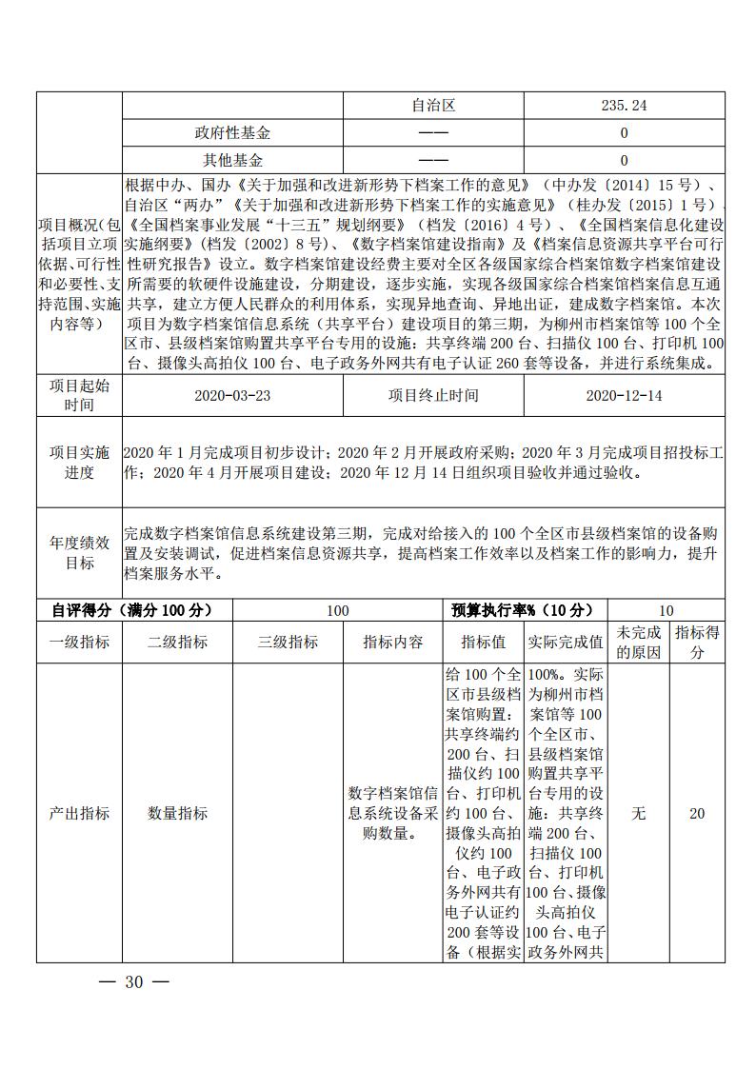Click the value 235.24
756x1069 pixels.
(624, 106)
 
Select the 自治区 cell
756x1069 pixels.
(433, 106)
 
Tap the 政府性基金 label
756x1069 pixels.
(232, 133)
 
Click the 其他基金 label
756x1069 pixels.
(232, 161)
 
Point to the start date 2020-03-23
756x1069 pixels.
(231, 395)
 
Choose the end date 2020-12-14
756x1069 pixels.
(624, 395)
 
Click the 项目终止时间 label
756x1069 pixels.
(433, 395)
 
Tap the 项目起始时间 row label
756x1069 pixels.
(79, 395)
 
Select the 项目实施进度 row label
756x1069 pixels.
(79, 462)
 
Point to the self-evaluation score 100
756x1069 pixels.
(337, 611)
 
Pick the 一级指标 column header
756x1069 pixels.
(79, 643)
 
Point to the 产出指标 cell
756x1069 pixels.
(79, 814)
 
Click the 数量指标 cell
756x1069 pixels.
(177, 814)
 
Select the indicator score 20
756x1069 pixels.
(697, 814)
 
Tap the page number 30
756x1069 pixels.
(133, 983)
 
